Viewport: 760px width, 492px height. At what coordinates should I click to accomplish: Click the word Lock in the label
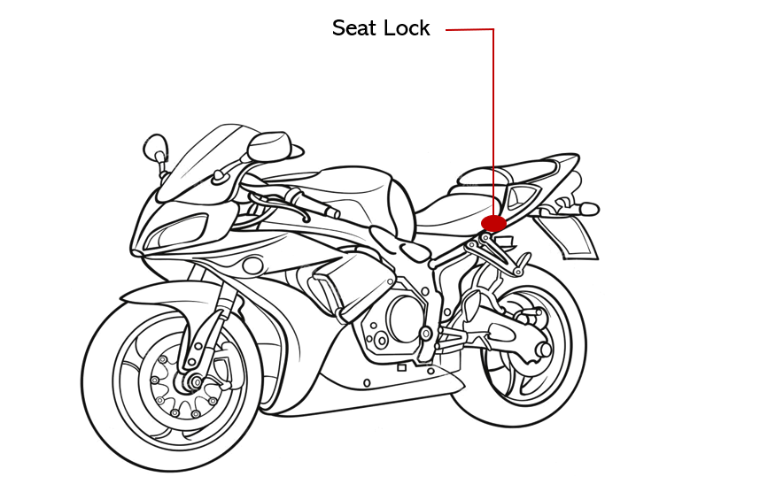pyautogui.click(x=407, y=28)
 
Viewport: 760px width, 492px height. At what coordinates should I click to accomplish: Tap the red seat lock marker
pyautogui.click(x=493, y=223)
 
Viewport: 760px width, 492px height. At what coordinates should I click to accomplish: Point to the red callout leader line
pyautogui.click(x=492, y=115)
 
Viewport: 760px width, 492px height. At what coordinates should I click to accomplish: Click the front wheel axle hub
pyautogui.click(x=189, y=382)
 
